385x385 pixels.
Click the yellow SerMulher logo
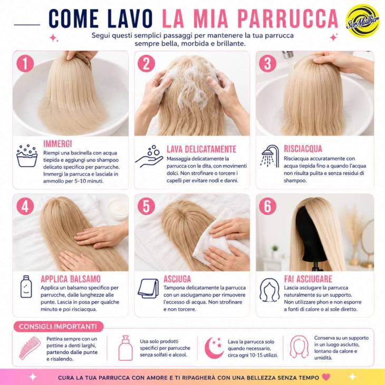(362, 21)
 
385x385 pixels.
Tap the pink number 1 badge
(25, 63)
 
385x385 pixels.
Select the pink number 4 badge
(25, 206)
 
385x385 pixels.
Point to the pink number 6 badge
(267, 206)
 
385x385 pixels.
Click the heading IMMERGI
(57, 144)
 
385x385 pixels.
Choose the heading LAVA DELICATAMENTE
(201, 149)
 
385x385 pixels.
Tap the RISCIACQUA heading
(303, 149)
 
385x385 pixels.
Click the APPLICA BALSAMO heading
(71, 279)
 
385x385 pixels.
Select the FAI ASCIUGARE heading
(308, 279)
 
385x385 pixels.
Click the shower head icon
(269, 156)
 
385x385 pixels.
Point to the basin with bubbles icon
(27, 156)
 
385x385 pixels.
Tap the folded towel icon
(148, 288)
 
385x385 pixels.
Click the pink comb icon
(30, 348)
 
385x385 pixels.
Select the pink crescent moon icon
(214, 348)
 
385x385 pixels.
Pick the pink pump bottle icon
(126, 348)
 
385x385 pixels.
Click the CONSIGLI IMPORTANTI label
(57, 326)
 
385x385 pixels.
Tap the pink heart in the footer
(326, 377)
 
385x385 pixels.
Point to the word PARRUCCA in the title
(288, 19)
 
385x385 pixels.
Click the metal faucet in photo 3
(288, 54)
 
